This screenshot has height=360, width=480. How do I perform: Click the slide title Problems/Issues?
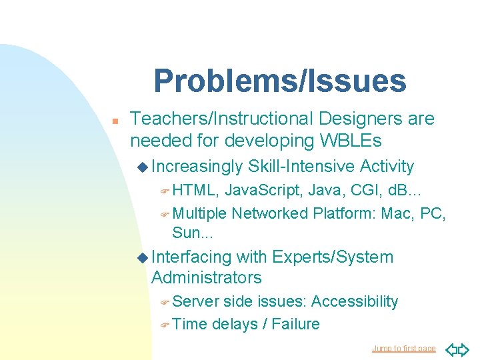279,81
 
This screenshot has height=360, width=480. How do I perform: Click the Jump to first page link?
403,348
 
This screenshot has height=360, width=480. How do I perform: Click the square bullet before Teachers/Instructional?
115,121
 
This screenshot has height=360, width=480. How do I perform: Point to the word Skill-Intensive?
301,166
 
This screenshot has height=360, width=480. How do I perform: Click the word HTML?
194,191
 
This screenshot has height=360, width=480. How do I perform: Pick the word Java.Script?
265,191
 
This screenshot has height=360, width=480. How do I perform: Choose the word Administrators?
206,277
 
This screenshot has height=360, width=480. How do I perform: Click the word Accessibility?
354,301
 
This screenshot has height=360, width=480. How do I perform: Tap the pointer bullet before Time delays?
165,325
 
